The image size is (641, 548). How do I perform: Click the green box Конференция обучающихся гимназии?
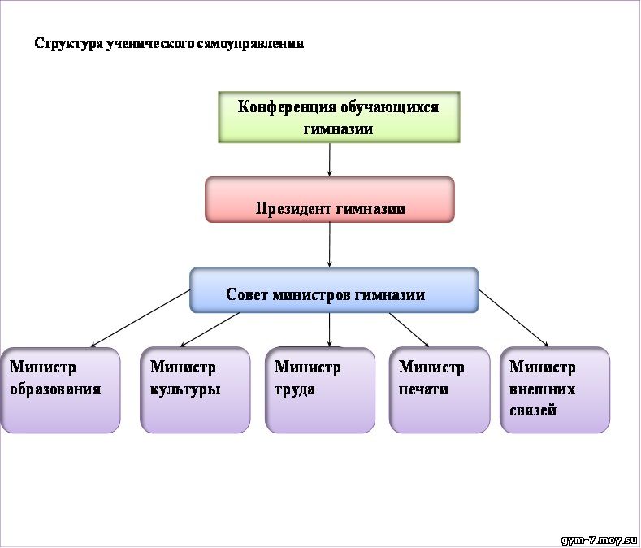(x=339, y=117)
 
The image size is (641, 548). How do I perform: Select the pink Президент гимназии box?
(x=330, y=200)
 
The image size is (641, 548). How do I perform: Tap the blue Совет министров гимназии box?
(x=334, y=290)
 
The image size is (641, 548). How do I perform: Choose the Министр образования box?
(x=60, y=390)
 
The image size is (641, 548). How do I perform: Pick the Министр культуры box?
(x=195, y=390)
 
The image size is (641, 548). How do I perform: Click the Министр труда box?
(x=319, y=390)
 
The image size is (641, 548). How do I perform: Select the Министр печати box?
(x=440, y=390)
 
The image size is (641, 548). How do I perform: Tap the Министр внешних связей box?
(x=555, y=390)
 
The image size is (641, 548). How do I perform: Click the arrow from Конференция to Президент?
(x=330, y=159)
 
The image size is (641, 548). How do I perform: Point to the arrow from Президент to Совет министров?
(x=330, y=246)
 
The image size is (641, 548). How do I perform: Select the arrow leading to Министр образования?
(x=141, y=319)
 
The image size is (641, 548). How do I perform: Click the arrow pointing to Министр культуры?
(x=210, y=330)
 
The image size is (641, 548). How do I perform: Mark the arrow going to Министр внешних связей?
(x=514, y=319)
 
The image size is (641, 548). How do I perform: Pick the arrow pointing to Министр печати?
(x=409, y=330)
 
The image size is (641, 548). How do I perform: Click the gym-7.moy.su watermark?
(x=600, y=540)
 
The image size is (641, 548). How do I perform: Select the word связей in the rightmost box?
(x=533, y=411)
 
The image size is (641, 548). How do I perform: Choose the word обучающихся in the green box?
(x=390, y=107)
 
